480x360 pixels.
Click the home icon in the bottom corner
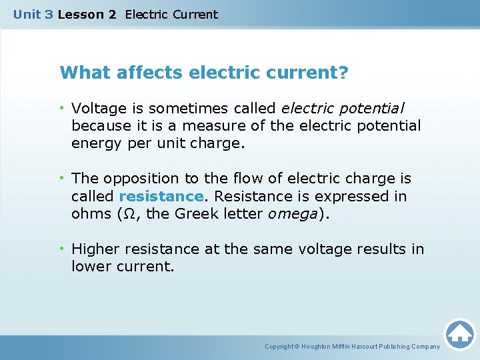click(x=459, y=333)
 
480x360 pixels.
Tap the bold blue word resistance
click(x=161, y=197)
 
